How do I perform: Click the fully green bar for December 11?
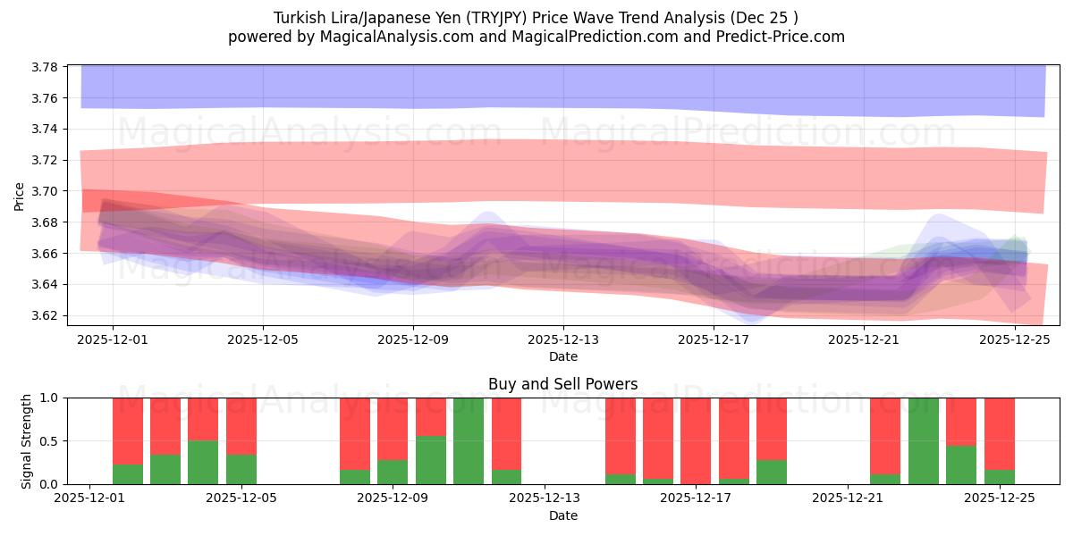pos(469,440)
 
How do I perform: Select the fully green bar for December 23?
pos(924,440)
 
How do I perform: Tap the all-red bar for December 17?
pos(696,440)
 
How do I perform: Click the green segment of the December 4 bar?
pos(203,462)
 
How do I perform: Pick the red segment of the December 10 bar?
pos(431,416)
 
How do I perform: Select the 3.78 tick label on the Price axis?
pos(44,67)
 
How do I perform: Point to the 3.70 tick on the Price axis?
pos(44,191)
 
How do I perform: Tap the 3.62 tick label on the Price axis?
pos(44,315)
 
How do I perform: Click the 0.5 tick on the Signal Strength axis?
pos(48,440)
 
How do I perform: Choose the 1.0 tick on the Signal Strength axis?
pos(48,398)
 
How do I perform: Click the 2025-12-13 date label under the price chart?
pos(563,339)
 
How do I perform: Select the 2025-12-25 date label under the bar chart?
pos(999,498)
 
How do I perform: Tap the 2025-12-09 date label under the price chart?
pos(413,339)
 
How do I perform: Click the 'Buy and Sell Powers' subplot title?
pos(563,384)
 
